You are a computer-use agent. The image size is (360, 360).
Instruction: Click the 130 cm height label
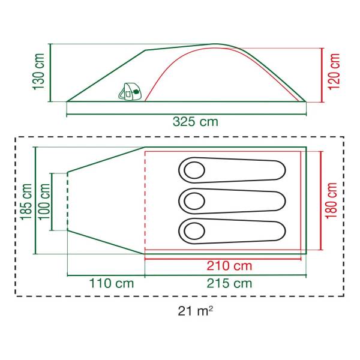(39, 71)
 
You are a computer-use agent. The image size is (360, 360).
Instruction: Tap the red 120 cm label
(334, 71)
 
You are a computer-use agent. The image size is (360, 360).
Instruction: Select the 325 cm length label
(196, 121)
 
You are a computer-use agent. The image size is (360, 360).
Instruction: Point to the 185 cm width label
(26, 202)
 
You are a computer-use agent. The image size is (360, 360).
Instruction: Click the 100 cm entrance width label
(44, 202)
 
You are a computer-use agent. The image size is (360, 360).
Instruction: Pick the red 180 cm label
(331, 200)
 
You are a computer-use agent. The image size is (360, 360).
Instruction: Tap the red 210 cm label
(229, 266)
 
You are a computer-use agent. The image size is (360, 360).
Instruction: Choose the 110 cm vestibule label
(112, 283)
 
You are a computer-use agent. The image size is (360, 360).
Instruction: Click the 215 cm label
(229, 283)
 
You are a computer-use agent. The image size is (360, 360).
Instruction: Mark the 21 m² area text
(196, 311)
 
